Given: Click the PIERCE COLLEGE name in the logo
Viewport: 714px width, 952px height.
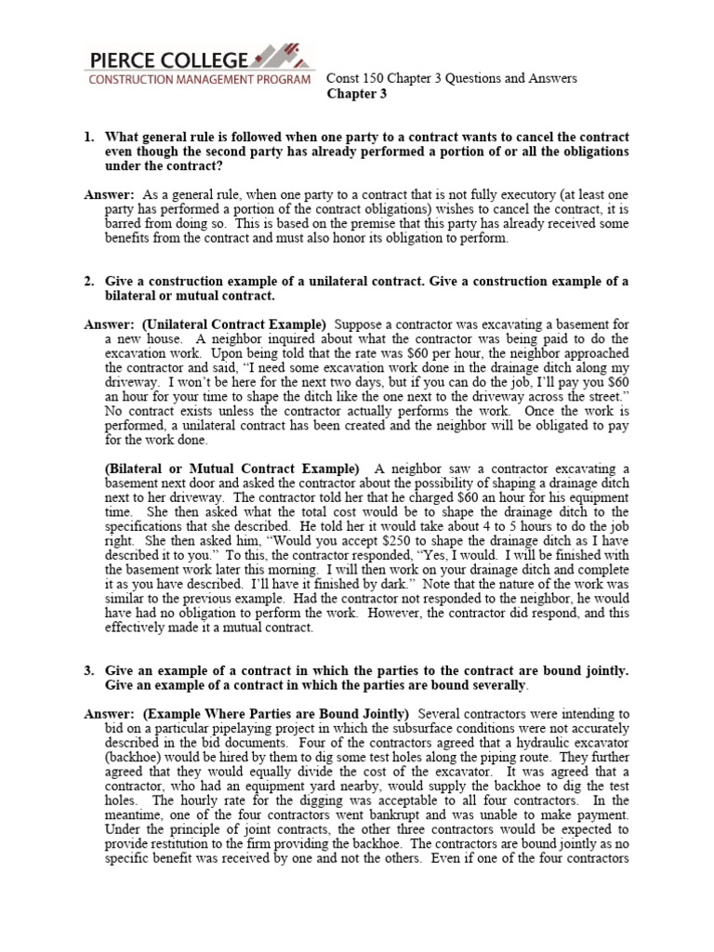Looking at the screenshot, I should click(168, 60).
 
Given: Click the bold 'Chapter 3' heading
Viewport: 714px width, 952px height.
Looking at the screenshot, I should click(357, 94).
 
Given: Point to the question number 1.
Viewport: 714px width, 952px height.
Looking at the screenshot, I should click(89, 138).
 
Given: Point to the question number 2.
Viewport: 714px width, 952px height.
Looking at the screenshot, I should click(89, 282).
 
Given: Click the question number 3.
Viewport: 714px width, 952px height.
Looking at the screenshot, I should click(89, 669).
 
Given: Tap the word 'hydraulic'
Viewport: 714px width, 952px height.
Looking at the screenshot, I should click(539, 742).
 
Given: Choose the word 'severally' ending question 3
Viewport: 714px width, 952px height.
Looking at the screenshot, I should click(498, 684).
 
